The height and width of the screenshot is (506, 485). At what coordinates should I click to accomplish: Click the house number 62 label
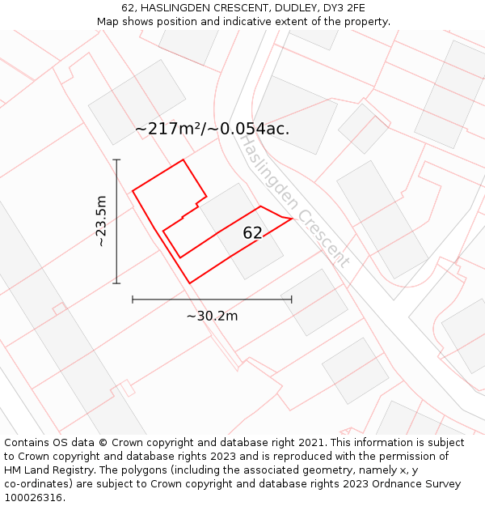252,233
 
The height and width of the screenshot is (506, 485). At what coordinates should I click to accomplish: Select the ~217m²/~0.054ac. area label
212,128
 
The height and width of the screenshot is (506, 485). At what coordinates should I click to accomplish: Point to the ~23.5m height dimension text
101,221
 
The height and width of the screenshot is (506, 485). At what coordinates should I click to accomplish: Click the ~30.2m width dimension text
212,316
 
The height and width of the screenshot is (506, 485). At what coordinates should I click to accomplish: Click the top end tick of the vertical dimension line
116,159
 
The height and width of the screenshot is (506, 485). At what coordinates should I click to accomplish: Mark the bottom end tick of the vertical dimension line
116,283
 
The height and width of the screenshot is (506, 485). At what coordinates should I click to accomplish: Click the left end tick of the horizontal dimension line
133,300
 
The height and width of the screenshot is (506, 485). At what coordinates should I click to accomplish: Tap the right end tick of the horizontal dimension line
292,300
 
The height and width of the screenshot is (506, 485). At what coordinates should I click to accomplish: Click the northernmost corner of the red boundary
183,159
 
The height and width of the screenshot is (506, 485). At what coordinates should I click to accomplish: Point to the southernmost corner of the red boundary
190,283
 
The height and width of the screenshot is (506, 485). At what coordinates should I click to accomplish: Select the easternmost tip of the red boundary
291,219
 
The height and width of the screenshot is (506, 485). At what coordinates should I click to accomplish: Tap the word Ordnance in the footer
413,484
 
